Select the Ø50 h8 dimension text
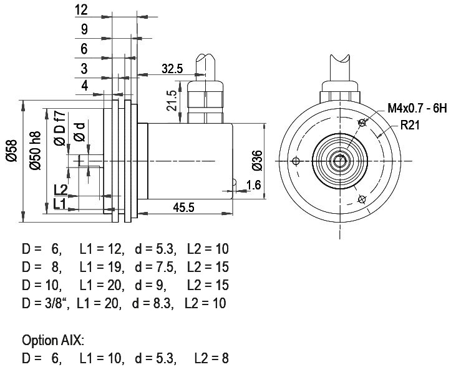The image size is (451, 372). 36,151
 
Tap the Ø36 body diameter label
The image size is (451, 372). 257,161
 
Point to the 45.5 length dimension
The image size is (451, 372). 184,207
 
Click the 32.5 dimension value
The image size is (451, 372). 172,69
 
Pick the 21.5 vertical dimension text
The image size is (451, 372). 172,101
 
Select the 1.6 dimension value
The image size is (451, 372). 253,185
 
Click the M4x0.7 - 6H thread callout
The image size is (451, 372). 417,108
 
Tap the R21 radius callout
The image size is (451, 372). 410,125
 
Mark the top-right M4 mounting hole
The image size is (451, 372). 362,123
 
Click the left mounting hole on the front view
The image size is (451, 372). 296,161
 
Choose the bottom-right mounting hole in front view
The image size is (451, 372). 362,199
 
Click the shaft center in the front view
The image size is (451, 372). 340,161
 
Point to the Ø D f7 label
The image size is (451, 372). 60,128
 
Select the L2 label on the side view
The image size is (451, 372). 61,190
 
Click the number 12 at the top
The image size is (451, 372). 81,10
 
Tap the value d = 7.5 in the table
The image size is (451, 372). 155,267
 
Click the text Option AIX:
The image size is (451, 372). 53,340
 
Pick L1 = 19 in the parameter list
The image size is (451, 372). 102,267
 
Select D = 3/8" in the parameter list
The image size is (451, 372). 46,303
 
